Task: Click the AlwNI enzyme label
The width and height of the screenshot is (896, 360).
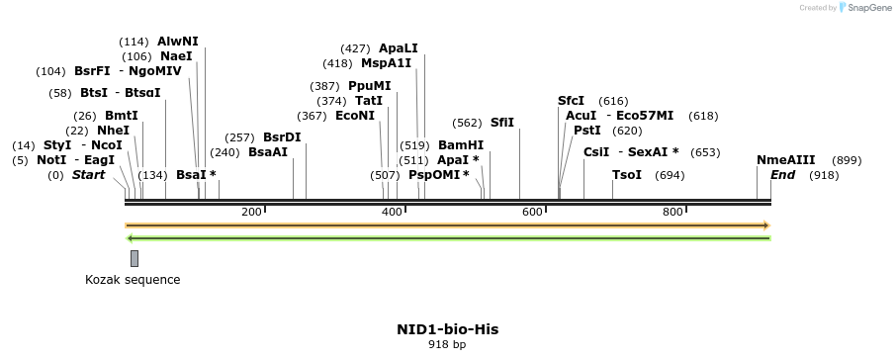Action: (x=177, y=42)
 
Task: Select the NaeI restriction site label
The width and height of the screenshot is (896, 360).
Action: (x=176, y=56)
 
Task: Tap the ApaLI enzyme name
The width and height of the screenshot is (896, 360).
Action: (x=398, y=47)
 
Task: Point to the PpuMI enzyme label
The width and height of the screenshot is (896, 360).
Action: (x=369, y=86)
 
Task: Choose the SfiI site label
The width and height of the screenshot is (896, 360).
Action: (x=502, y=123)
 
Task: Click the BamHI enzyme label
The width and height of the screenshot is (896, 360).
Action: (x=460, y=145)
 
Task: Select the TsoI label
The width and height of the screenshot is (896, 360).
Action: (x=627, y=175)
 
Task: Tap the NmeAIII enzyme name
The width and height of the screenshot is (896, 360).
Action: (x=786, y=160)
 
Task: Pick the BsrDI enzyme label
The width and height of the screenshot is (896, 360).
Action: (x=282, y=137)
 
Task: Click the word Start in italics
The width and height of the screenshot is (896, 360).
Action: (x=88, y=175)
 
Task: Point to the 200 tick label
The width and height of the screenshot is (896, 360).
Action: (x=251, y=213)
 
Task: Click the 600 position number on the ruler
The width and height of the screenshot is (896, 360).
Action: (x=532, y=213)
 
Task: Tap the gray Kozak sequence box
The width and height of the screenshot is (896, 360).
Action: (x=134, y=258)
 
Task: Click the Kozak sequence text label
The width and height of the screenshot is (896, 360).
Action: (x=133, y=280)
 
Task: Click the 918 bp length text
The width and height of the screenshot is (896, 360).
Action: (x=447, y=345)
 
